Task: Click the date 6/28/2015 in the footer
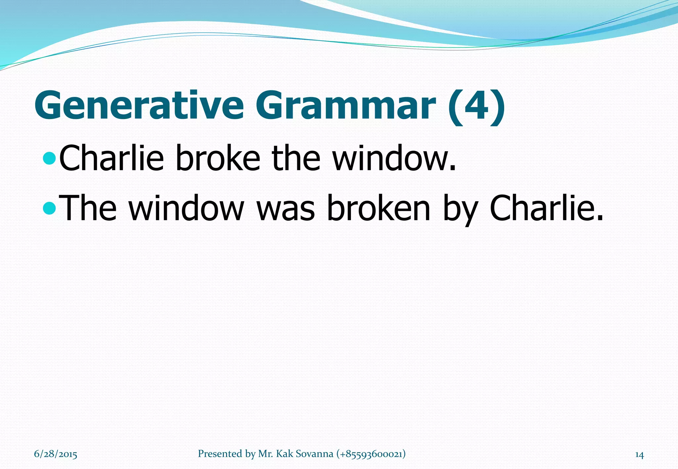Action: point(56,454)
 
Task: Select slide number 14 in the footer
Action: point(639,455)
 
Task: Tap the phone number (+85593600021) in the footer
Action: point(371,454)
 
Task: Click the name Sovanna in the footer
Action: point(314,454)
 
